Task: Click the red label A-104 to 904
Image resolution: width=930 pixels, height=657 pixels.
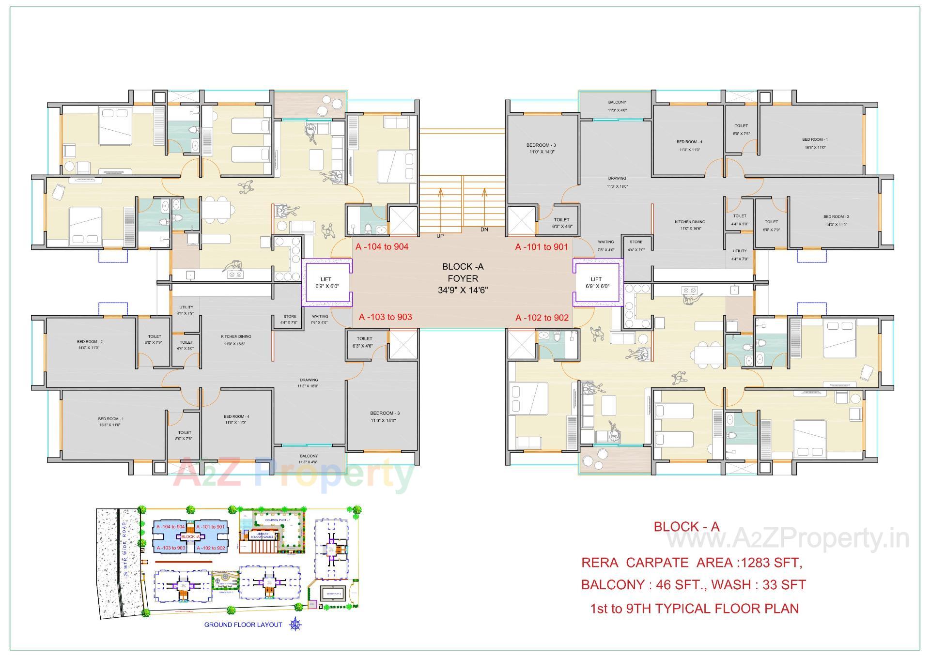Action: point(382,247)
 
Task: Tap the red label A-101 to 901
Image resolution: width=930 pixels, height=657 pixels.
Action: point(541,247)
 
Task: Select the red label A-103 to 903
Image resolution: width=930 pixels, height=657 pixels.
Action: point(385,317)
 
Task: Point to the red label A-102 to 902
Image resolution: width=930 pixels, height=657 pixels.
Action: point(542,318)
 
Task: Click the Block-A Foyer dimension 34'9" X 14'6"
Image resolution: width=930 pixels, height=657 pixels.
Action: point(463,290)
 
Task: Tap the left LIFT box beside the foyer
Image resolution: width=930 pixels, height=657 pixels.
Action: point(326,283)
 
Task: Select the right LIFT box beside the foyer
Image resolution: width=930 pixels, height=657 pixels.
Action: point(597,283)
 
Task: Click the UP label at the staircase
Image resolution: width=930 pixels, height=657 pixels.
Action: point(440,236)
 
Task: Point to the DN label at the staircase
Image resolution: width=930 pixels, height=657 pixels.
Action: point(484,230)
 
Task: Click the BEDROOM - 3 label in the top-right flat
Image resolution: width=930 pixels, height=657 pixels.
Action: point(541,145)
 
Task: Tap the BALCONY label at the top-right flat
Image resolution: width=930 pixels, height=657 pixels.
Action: point(617,102)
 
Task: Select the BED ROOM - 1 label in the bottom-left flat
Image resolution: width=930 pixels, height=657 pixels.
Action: point(110,419)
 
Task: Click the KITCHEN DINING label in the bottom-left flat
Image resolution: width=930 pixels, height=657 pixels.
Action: point(236,336)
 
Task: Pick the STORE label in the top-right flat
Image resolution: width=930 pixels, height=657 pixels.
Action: point(636,242)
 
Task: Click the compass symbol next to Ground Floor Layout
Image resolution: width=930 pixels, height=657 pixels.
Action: point(295,625)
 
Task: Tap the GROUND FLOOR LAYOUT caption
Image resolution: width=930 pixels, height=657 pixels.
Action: point(243,625)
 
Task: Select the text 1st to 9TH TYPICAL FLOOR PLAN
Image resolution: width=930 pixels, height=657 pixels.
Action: point(694,609)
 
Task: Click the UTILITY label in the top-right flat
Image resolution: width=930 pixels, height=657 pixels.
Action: point(740,251)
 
